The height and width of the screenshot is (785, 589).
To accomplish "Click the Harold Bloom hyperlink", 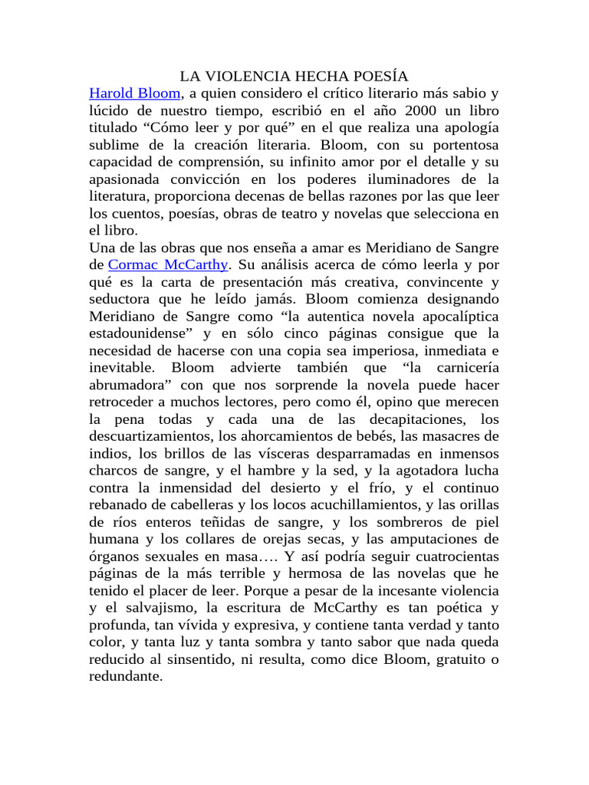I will point(135,94).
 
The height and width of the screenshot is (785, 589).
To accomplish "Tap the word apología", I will point(466,128).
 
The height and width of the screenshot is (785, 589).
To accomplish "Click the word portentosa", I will point(456,145).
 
